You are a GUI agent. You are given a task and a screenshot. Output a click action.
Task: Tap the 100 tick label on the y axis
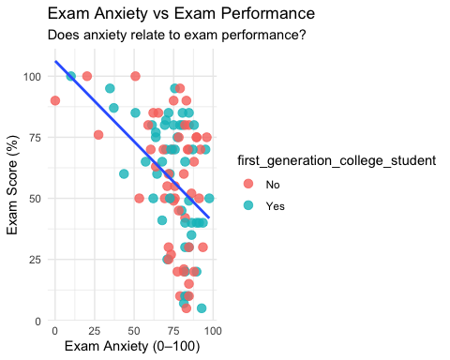click(33, 76)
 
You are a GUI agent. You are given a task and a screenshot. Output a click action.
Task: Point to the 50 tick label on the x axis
click(134, 331)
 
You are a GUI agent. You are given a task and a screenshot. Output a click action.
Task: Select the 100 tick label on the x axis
click(213, 331)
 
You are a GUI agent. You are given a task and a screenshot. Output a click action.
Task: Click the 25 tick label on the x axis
click(95, 331)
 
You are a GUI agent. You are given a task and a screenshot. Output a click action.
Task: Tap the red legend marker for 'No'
click(247, 185)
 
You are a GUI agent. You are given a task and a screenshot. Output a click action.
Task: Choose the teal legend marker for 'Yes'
click(247, 205)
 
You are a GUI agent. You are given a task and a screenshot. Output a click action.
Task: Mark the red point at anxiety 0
click(55, 100)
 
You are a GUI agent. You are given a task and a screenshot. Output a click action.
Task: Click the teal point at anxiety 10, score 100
click(71, 76)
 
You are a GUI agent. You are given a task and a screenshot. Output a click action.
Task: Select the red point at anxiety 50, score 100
click(135, 76)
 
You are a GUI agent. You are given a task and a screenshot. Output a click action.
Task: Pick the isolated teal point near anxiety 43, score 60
click(124, 173)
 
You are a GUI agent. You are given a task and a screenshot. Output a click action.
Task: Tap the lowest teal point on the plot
click(202, 308)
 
